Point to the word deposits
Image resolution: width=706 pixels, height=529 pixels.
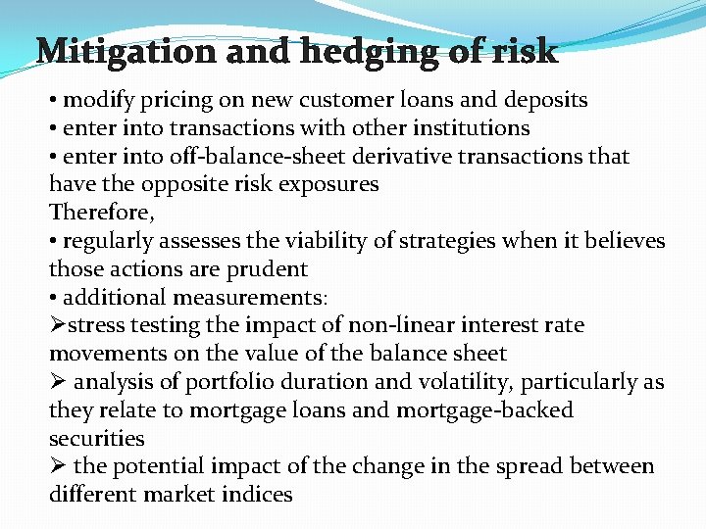544,100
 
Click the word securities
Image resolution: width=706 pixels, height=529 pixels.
96,439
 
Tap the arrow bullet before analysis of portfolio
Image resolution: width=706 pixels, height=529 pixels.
58,382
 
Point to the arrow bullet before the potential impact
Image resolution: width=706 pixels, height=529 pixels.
58,466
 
